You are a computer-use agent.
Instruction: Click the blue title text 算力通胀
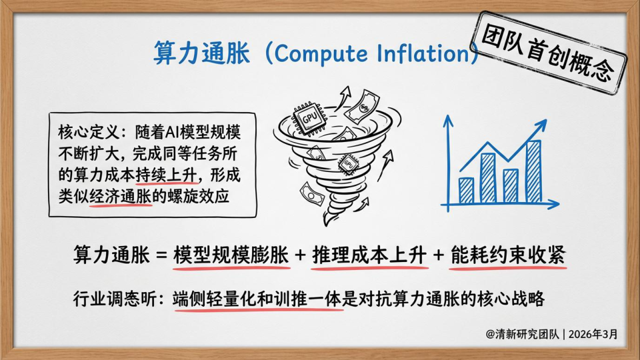(201, 53)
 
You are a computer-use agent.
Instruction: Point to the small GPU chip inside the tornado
(348, 164)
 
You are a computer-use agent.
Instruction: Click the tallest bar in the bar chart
(533, 171)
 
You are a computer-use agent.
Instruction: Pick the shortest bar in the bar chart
(466, 190)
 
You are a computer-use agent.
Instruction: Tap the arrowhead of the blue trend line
(541, 124)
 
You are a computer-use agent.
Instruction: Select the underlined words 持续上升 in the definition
(166, 175)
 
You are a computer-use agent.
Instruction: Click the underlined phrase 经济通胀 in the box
(121, 197)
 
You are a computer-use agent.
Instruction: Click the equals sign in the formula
(162, 255)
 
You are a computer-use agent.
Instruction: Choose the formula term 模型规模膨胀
(231, 255)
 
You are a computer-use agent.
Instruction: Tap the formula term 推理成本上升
(369, 255)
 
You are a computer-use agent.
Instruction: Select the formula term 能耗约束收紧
(508, 255)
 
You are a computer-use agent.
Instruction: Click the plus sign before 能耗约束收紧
(439, 255)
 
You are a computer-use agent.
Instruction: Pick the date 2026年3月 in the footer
(593, 334)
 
